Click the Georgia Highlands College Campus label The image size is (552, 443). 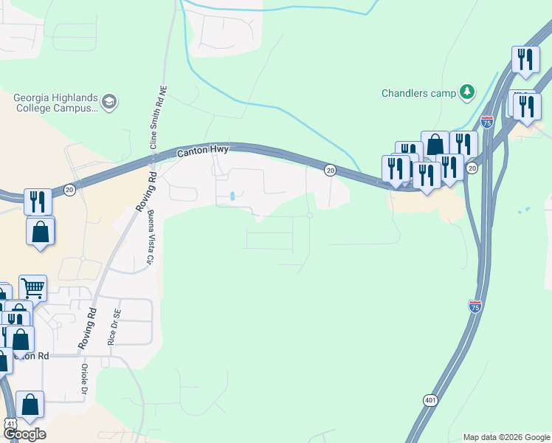(x=55, y=102)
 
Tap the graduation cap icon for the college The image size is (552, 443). (x=109, y=102)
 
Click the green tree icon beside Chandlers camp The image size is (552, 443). (x=466, y=92)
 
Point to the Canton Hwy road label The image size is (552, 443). (x=203, y=151)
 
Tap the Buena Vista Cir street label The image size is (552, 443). (x=151, y=238)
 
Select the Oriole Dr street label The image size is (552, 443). (x=85, y=379)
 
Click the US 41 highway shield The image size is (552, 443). (x=10, y=423)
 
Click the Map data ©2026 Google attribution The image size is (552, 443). (x=507, y=437)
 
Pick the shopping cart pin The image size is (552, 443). (x=32, y=288)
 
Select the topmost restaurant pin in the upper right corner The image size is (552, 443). (x=525, y=59)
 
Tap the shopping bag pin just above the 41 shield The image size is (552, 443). (x=30, y=403)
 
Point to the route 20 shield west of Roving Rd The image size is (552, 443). (x=69, y=190)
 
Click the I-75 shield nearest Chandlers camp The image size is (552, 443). (x=487, y=121)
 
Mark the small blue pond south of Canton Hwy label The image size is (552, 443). (x=233, y=196)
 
